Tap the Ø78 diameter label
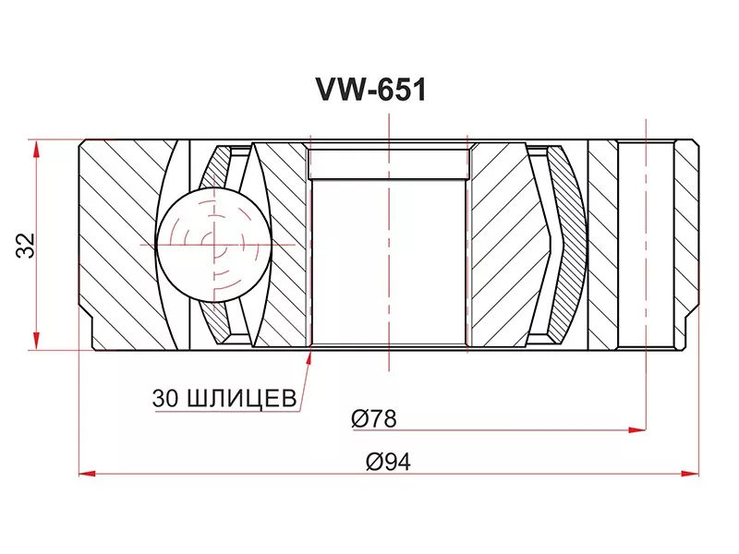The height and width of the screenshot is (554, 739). click(x=373, y=418)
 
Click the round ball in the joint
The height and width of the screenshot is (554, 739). click(x=213, y=244)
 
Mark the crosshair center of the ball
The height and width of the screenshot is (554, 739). click(x=213, y=244)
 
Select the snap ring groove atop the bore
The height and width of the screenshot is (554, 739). click(x=389, y=164)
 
